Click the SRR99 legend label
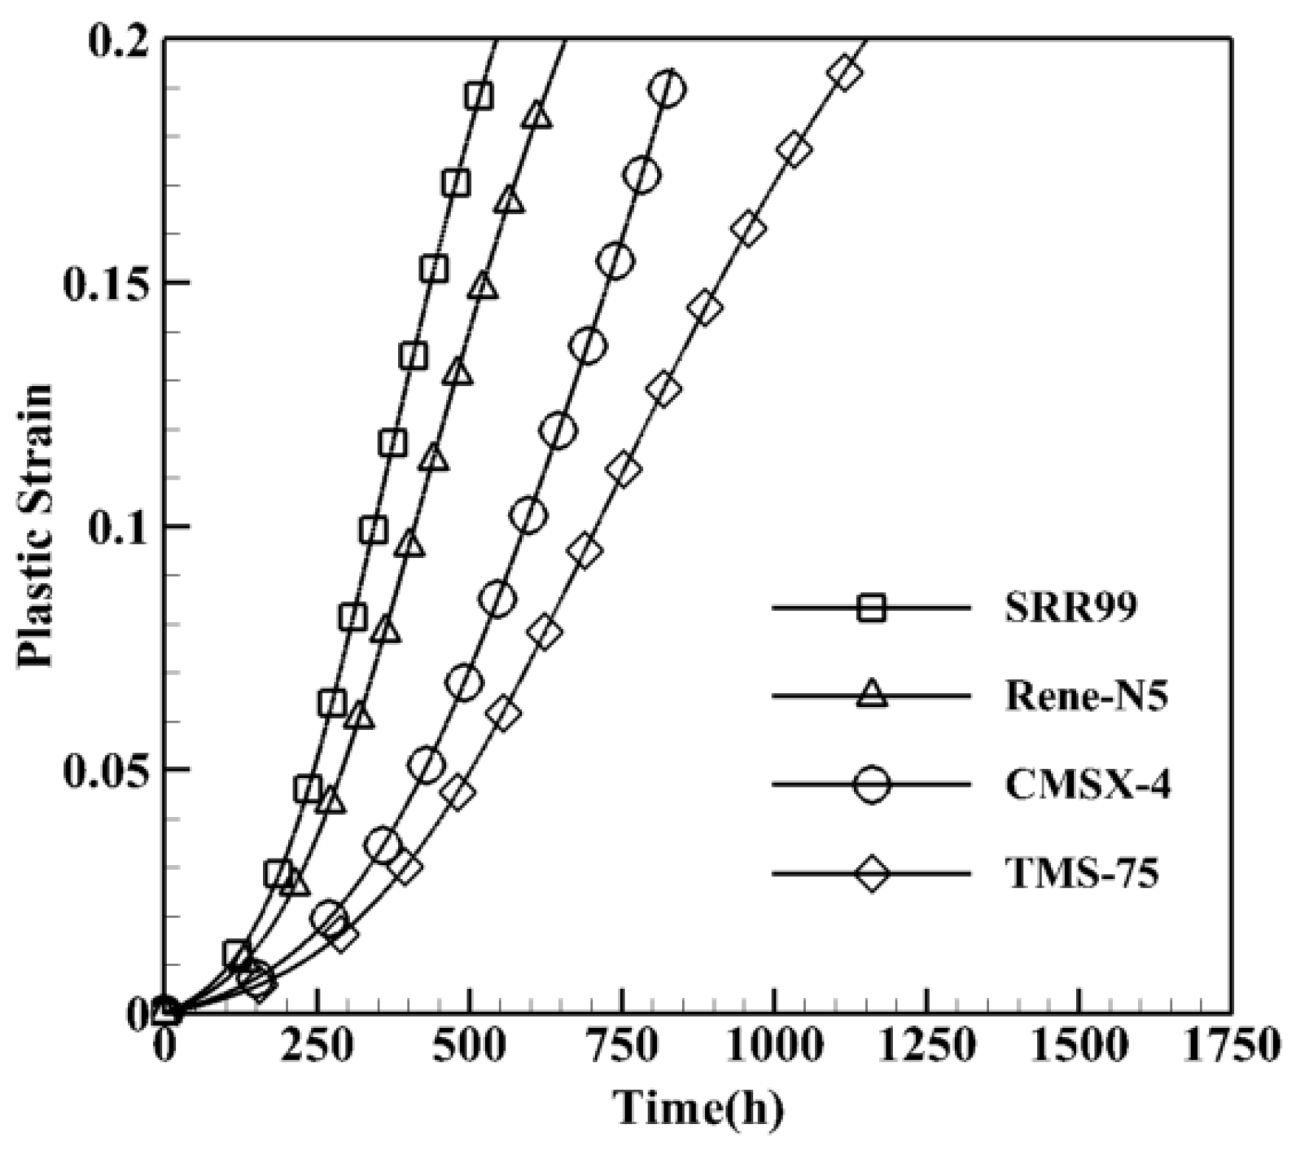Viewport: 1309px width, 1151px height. (x=1069, y=608)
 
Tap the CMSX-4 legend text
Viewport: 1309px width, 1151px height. (x=1088, y=786)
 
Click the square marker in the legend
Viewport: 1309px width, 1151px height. (x=872, y=608)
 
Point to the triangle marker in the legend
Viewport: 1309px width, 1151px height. (x=872, y=696)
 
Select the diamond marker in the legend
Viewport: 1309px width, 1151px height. (x=872, y=875)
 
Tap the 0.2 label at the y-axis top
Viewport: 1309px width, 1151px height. (x=122, y=41)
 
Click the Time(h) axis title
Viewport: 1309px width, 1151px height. (x=698, y=1108)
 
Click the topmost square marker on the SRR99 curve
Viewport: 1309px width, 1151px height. (x=479, y=96)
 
